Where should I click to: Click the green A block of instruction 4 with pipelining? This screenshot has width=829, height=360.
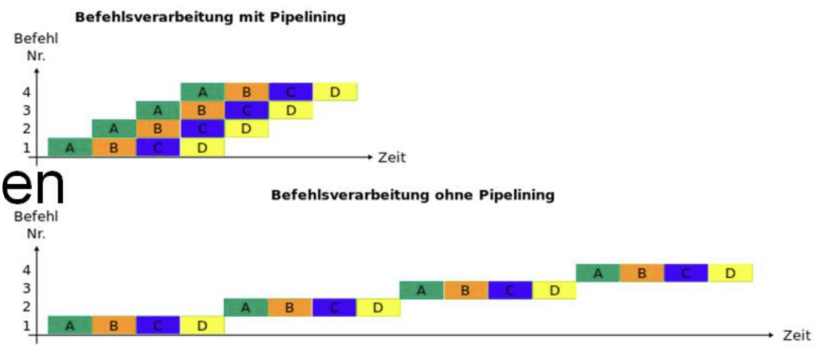click(202, 91)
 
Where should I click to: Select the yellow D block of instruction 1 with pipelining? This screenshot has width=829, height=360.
click(202, 147)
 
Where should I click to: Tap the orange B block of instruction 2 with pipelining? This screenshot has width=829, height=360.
click(158, 128)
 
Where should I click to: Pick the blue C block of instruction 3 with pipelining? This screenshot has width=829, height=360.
click(247, 110)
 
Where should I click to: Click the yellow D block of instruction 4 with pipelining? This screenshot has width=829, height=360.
click(335, 91)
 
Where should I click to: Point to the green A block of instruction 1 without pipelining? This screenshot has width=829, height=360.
click(70, 325)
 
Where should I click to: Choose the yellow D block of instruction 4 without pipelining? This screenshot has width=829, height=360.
click(730, 273)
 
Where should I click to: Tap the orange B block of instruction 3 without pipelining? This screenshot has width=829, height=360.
click(466, 290)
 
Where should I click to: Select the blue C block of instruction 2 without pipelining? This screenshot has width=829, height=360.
click(334, 308)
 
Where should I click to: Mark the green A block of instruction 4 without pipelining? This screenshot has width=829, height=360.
click(598, 273)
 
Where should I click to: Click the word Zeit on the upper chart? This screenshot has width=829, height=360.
click(391, 157)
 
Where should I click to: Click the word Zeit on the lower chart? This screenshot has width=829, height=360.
click(797, 335)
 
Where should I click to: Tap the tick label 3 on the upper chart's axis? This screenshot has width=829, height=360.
click(26, 110)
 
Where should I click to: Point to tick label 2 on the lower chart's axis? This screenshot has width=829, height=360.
click(26, 306)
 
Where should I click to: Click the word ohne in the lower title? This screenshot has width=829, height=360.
click(453, 195)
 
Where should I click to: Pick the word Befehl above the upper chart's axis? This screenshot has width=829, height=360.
click(36, 38)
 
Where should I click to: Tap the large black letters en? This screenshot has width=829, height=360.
click(33, 185)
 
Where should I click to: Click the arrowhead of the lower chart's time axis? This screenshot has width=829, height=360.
click(771, 335)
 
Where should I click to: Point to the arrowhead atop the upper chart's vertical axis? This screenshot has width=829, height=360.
click(36, 71)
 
